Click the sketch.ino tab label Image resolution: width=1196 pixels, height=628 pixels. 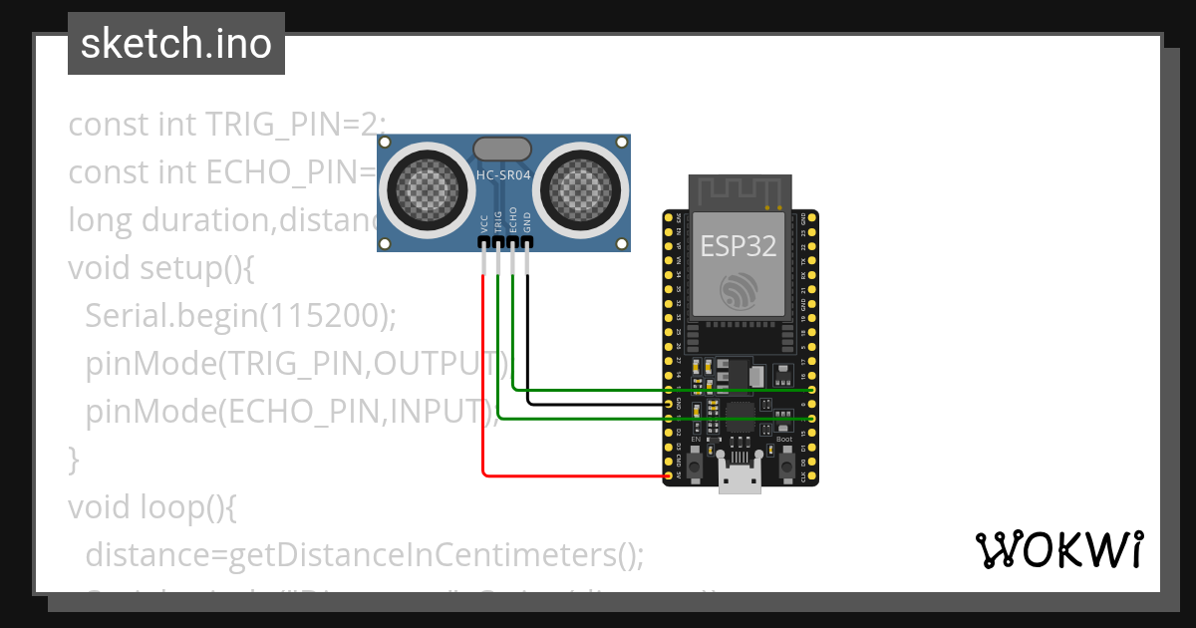(x=175, y=44)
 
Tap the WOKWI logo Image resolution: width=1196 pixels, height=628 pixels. (x=1057, y=550)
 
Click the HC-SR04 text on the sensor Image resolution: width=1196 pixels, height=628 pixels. (x=503, y=175)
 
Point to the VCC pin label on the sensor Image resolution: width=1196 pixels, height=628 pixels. (x=484, y=223)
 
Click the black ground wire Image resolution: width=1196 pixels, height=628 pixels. (x=598, y=404)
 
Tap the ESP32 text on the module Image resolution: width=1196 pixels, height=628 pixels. (x=739, y=246)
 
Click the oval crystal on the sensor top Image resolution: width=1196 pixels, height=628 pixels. (x=502, y=149)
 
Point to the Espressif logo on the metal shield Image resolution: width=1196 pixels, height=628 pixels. (x=739, y=290)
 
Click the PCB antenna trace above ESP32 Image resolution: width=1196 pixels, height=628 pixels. (x=739, y=191)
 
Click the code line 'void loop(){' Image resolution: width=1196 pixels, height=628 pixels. (x=151, y=506)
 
